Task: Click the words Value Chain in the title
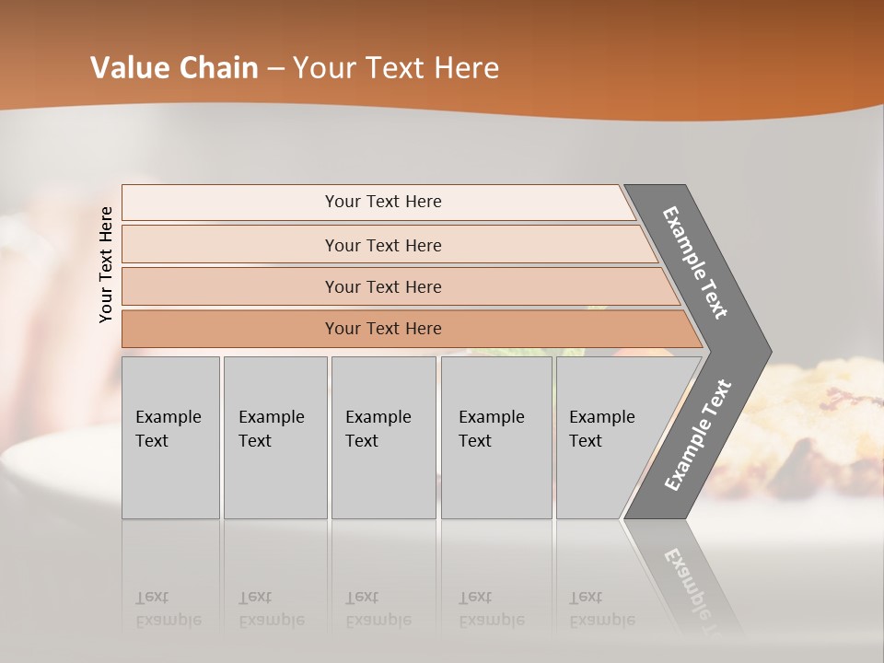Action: click(x=174, y=68)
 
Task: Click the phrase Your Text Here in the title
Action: click(x=396, y=68)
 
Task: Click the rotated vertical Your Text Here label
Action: click(x=106, y=265)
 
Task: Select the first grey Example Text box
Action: click(x=170, y=437)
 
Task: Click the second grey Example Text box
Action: click(x=274, y=437)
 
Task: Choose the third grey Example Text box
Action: click(x=383, y=437)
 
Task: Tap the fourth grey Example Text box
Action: click(x=495, y=437)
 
